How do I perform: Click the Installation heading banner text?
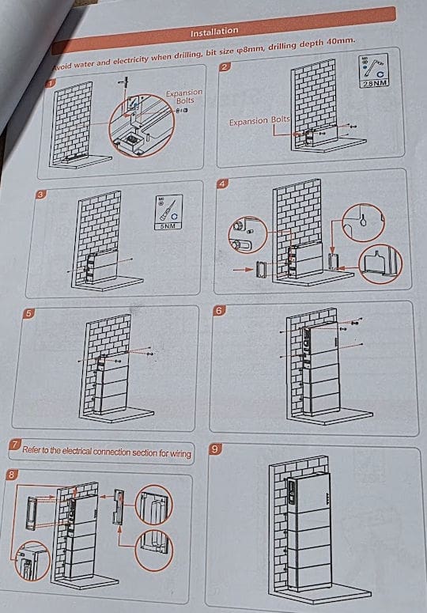(214, 31)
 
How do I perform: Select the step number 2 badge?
(225, 66)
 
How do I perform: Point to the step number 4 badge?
(223, 184)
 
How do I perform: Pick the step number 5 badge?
(29, 313)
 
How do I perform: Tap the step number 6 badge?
(219, 311)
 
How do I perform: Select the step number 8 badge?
(11, 475)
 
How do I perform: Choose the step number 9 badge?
(214, 449)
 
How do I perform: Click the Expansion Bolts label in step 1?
(183, 97)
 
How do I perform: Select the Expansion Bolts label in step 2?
(260, 122)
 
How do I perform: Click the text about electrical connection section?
(106, 452)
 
